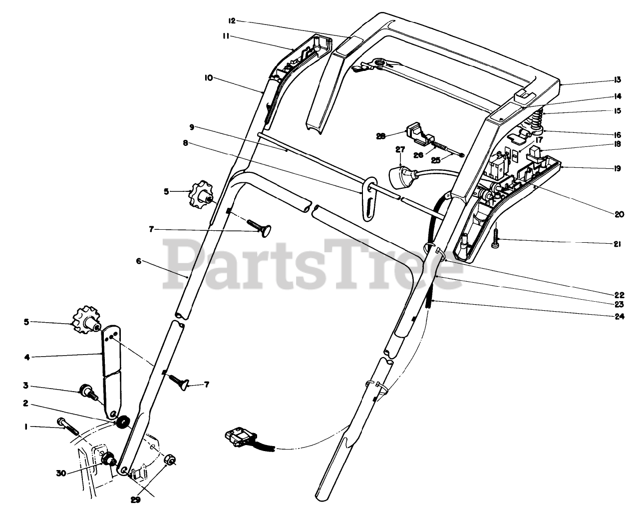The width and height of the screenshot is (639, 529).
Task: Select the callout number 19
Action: (x=618, y=168)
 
